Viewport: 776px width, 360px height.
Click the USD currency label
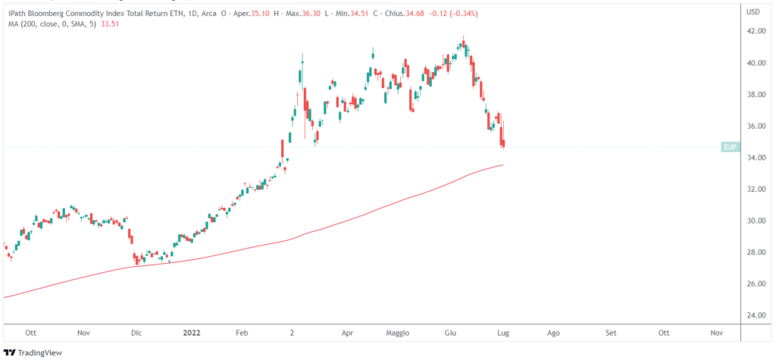[x=753, y=13]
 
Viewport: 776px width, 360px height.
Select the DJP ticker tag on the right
[x=729, y=147]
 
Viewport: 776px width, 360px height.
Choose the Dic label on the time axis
[x=136, y=333]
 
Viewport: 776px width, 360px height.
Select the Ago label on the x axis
[x=554, y=333]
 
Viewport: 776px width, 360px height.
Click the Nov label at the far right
[x=716, y=333]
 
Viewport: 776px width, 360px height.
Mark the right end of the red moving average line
[x=504, y=165]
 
